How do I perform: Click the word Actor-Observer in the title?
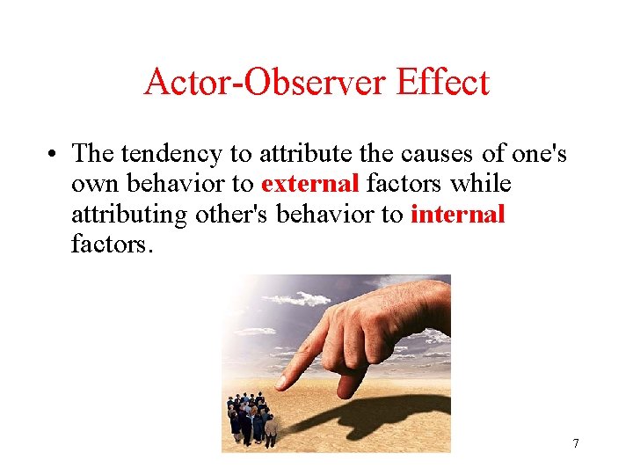tap(266, 83)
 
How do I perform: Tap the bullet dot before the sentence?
tap(55, 155)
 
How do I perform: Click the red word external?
tap(310, 184)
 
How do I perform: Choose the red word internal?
tap(457, 214)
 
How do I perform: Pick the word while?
tap(481, 184)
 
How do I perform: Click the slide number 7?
tap(576, 443)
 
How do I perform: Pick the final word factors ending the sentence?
tap(112, 244)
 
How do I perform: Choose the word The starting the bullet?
tap(93, 154)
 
